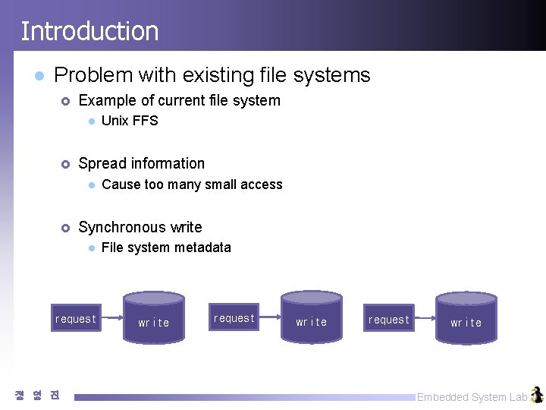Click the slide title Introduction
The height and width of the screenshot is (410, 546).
89,31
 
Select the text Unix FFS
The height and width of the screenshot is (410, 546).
130,121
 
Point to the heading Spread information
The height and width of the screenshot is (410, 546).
142,163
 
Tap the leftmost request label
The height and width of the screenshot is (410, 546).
76,319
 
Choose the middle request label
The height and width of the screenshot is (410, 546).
234,318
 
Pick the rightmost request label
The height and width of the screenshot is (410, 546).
389,320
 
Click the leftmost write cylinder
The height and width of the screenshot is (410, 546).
154,319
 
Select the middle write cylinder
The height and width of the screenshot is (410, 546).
312,319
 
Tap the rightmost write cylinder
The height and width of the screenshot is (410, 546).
466,319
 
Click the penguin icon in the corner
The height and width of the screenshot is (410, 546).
537,395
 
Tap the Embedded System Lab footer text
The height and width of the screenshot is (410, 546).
472,397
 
